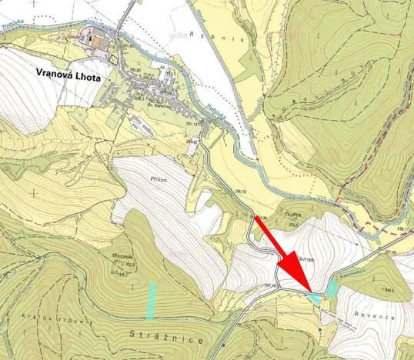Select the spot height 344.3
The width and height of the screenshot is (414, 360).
tap(386, 289)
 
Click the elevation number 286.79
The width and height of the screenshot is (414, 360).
tap(402, 228)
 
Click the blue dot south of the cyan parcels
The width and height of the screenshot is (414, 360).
tap(319, 329)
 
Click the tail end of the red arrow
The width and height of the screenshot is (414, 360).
tap(255, 219)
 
